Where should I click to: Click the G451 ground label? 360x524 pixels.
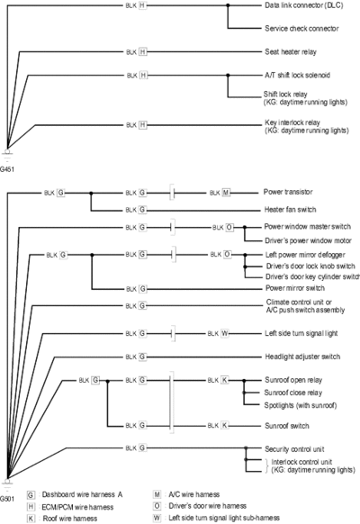coord(6,169)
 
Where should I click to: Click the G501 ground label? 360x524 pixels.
coord(6,500)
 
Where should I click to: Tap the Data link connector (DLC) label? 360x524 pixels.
coord(304,5)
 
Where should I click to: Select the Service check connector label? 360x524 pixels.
coord(301,29)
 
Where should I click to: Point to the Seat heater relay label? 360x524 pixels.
coord(291,52)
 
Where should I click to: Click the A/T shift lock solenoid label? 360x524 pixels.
coord(297,76)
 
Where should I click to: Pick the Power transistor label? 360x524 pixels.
coord(288,192)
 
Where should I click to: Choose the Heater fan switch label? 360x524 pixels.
coord(290,210)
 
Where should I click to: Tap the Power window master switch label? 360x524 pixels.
coord(307,227)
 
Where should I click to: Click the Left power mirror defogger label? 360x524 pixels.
coord(305,255)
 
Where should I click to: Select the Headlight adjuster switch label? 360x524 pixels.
coord(302,357)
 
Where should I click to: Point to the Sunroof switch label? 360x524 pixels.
coord(287,426)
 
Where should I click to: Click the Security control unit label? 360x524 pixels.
coord(294,449)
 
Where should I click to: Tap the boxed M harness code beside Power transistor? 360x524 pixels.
coord(226,193)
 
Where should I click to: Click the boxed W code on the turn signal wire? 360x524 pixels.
coord(225,333)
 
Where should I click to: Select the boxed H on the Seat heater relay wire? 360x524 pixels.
coord(142,52)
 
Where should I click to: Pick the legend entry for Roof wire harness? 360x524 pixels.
coord(62,519)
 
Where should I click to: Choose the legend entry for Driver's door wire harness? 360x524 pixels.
coord(200,506)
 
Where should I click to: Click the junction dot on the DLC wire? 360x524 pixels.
coord(228,5)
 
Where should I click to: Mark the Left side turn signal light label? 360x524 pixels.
coord(301,333)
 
